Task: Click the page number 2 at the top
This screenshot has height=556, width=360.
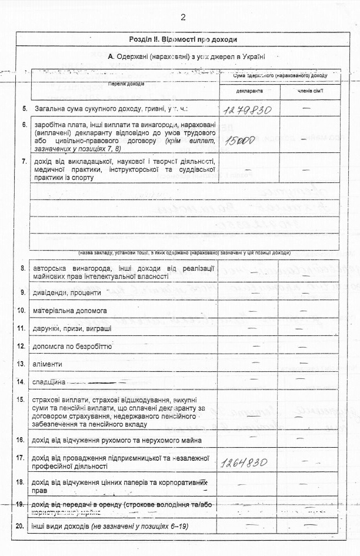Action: pos(183,16)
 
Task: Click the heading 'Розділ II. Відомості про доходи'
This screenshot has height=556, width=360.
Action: pos(183,39)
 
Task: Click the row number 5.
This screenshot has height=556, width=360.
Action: pos(24,109)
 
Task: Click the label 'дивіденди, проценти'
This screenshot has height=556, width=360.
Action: pos(68,292)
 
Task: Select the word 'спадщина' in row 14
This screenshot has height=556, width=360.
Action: pos(51,382)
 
